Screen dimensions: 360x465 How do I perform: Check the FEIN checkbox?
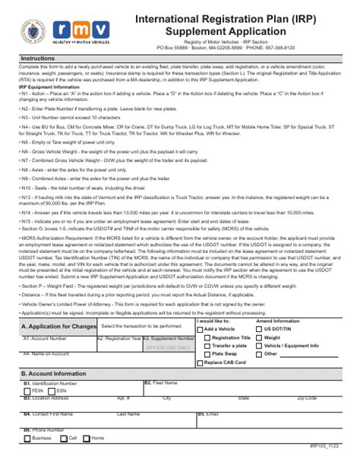27,390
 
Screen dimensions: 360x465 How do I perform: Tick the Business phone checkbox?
27,438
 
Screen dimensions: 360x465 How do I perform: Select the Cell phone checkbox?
64,438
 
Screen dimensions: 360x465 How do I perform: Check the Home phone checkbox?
87,438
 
